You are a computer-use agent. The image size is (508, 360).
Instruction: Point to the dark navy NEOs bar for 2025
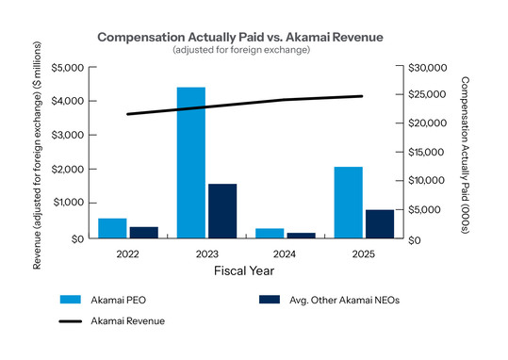pos(380,223)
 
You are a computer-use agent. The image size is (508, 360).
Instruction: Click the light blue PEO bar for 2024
pos(270,233)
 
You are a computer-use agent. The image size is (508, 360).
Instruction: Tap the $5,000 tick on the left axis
pos(68,67)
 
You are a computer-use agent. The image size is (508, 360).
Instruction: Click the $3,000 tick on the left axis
pos(68,135)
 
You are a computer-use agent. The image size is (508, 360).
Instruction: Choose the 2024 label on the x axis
pos(285,254)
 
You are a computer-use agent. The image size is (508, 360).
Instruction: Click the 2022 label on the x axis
pos(127,254)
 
